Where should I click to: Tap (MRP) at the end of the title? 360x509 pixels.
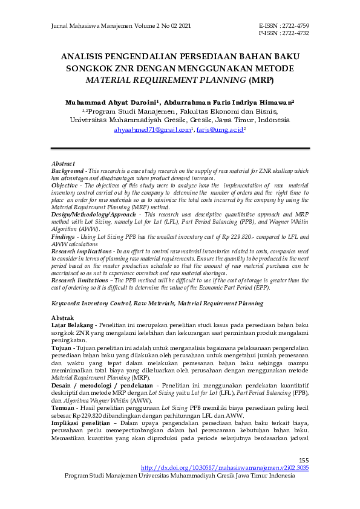point(261,79)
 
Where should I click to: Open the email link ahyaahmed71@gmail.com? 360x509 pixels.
point(153,129)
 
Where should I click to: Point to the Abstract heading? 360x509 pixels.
point(63,164)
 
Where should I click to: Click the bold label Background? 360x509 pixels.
point(68,172)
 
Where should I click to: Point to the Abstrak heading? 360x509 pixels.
point(62,318)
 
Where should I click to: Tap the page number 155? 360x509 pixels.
point(304,460)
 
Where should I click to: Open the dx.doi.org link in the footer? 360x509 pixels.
point(224,468)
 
